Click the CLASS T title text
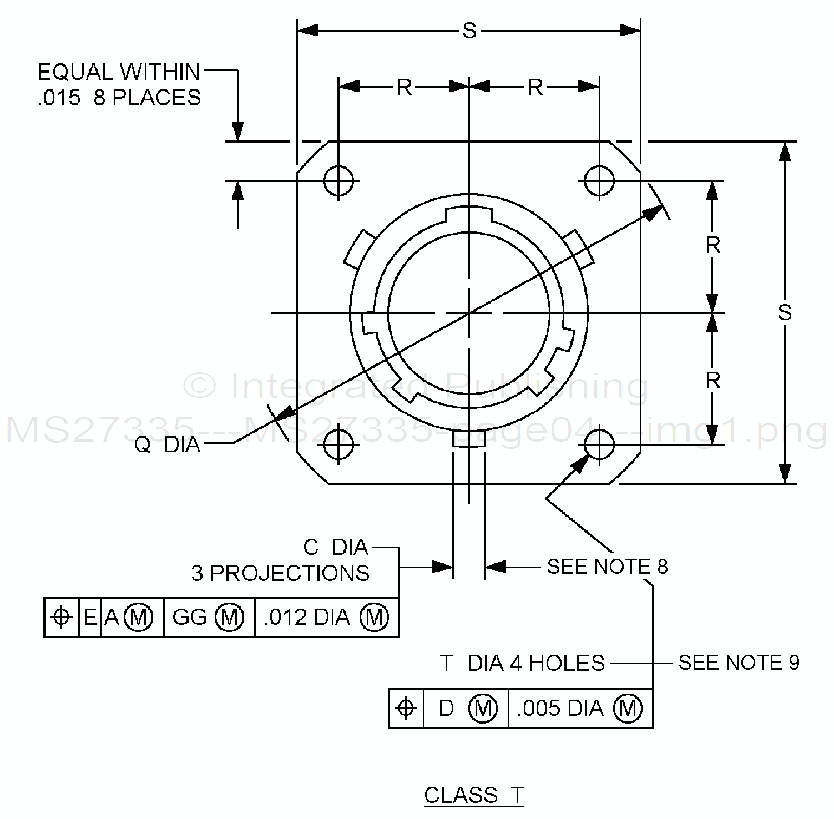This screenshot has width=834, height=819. pos(474,795)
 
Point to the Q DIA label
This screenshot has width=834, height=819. pos(167,444)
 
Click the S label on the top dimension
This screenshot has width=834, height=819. pos(469,31)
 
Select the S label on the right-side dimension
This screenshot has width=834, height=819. pos(785,312)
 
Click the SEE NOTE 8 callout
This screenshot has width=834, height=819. pos(607,567)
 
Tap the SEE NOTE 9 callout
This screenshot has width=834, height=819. pos(739,663)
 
